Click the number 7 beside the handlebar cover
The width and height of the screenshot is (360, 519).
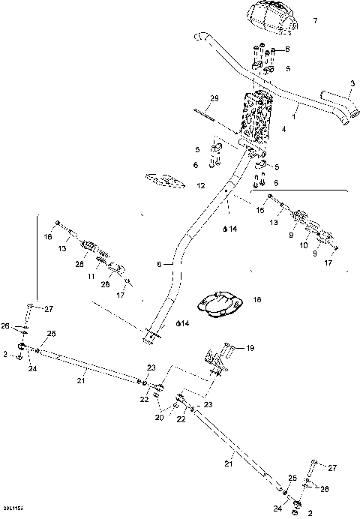(316, 20)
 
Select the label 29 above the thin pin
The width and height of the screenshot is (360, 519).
(214, 100)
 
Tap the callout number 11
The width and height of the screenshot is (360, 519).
(91, 276)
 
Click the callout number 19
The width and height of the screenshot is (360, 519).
(251, 349)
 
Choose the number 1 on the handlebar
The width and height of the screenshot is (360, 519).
(295, 116)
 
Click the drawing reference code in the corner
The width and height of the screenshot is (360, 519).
(13, 508)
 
